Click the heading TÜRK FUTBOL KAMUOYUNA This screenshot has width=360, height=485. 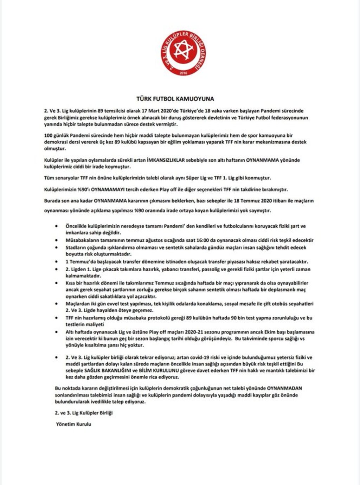coord(180,99)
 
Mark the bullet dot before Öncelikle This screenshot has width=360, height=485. coord(57,226)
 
